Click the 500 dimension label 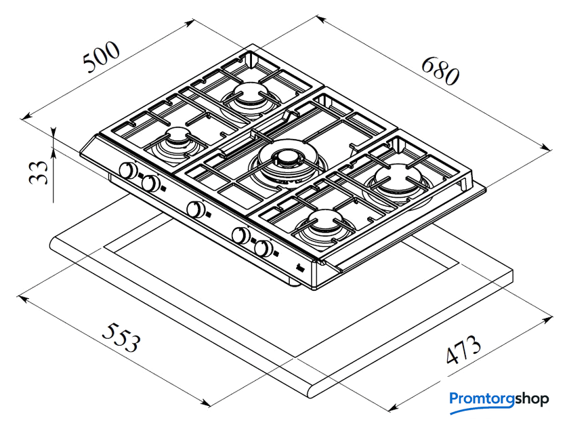click(101, 58)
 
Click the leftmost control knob click(127, 171)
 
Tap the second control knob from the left click(150, 183)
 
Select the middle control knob click(196, 209)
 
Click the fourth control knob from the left click(240, 235)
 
